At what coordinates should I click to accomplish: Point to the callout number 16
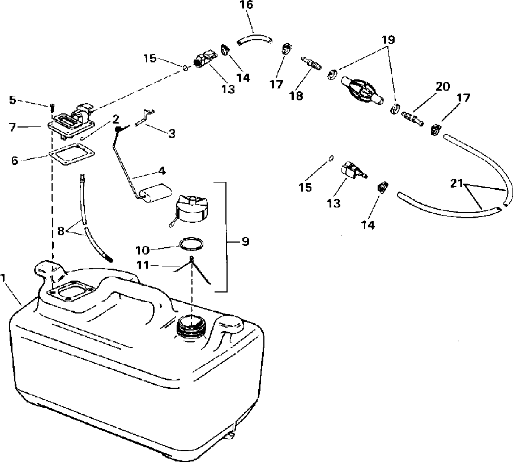247,5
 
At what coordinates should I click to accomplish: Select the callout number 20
442,86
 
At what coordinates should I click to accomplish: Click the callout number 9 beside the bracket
245,241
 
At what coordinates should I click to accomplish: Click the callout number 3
171,133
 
